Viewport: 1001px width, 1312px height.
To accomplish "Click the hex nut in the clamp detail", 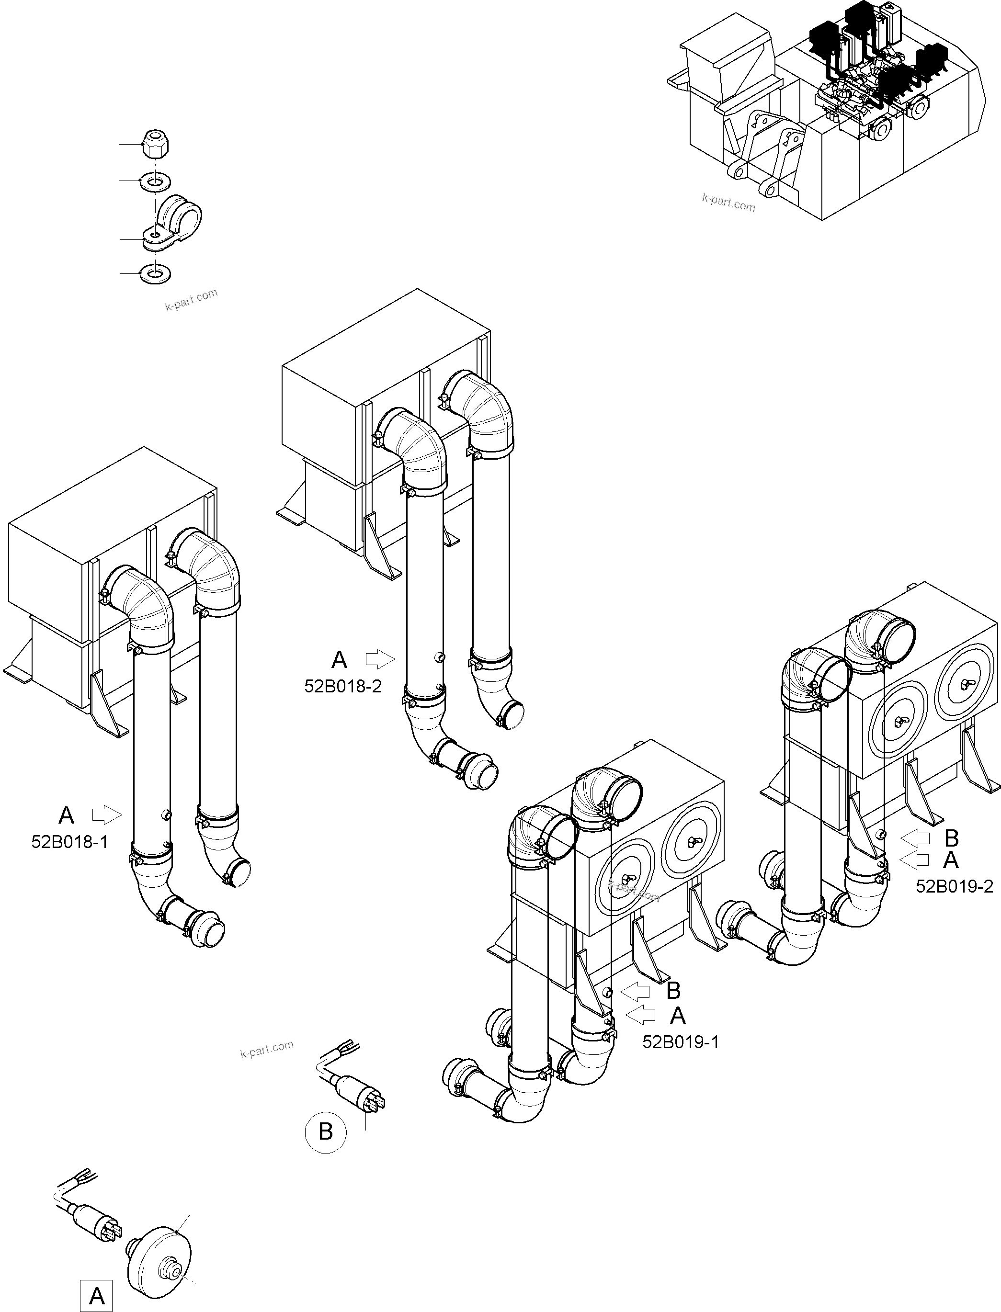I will click(154, 145).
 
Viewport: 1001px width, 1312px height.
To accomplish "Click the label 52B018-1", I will click(70, 842).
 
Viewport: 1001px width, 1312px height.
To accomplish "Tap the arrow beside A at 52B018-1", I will click(107, 814).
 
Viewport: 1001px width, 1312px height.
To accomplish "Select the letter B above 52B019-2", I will click(952, 838).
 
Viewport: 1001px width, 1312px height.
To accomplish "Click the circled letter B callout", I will click(325, 1131).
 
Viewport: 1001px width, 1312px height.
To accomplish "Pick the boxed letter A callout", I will click(97, 1291).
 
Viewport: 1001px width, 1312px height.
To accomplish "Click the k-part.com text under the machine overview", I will click(728, 203).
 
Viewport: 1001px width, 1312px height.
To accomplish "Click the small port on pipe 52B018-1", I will click(166, 814).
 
